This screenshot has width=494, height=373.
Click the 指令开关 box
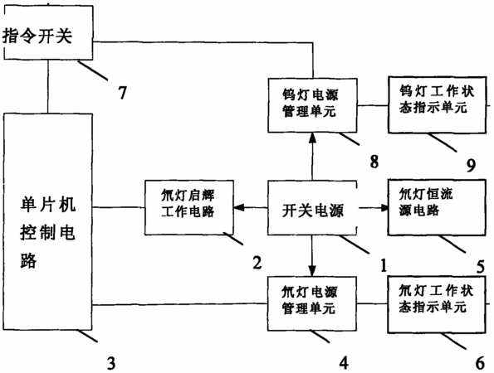point(48,32)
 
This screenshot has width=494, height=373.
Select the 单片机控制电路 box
point(48,221)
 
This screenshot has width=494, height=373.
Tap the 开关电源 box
point(312,208)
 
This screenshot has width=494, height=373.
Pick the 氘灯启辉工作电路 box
point(189,207)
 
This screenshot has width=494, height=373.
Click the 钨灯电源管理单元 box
point(312,105)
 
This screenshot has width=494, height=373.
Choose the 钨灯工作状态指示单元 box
point(437,104)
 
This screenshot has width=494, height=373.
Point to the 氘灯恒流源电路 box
point(437,207)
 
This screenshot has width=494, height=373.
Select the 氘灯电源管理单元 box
point(312,303)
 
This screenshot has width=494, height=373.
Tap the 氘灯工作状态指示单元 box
point(437,304)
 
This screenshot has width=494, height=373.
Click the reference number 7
point(122,93)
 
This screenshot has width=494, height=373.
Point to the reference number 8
point(374,162)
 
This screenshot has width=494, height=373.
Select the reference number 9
point(471,165)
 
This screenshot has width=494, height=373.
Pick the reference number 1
point(384,265)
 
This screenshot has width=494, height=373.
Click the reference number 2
point(257,263)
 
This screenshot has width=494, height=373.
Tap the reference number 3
point(111,363)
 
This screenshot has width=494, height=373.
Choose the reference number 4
point(344,362)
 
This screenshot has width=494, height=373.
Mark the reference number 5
point(480,268)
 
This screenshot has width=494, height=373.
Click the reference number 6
point(480,363)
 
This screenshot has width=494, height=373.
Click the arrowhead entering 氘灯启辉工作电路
point(238,207)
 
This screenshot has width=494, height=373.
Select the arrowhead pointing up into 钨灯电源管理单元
point(312,138)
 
